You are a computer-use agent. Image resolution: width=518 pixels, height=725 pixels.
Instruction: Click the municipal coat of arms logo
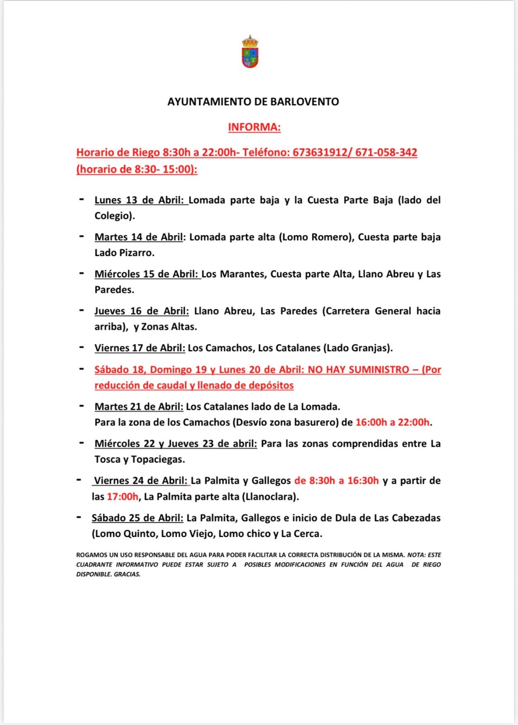(250, 52)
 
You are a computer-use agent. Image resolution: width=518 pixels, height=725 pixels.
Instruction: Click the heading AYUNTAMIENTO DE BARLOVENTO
(253, 101)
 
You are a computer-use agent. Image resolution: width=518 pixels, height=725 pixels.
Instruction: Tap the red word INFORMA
(254, 127)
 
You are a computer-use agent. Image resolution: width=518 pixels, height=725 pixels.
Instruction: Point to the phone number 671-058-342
(386, 152)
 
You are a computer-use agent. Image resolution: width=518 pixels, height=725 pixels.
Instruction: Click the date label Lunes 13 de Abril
(141, 200)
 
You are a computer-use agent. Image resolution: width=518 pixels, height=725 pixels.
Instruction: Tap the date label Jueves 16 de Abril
(141, 311)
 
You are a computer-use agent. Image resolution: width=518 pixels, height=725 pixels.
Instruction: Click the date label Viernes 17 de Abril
(139, 348)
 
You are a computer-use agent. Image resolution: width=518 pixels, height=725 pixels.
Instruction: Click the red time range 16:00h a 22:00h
(393, 422)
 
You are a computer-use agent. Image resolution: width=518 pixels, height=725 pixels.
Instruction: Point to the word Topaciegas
(158, 459)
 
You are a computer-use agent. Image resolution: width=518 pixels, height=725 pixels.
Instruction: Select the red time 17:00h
(122, 497)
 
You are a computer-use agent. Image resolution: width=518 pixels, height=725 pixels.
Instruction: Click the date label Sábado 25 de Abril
(137, 518)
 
